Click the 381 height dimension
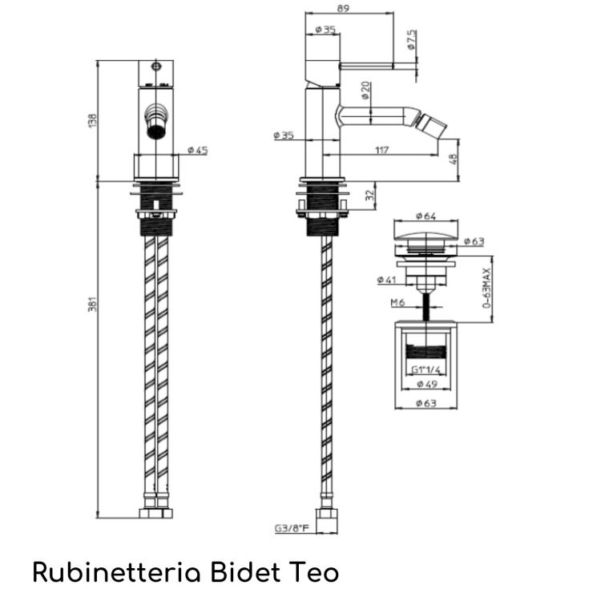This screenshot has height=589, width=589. (91, 305)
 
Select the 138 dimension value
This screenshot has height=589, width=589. (91, 120)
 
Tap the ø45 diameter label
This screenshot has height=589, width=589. (197, 150)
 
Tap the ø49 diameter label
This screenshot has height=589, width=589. (425, 384)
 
